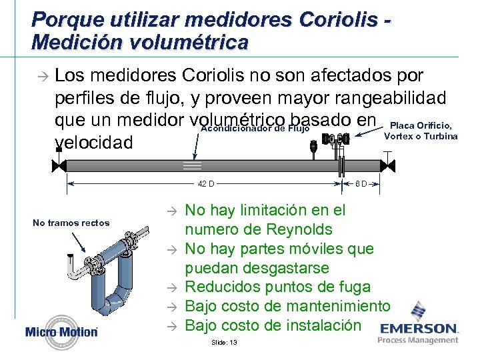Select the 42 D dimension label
[205, 183]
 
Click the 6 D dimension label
[360, 183]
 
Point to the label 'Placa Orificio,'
[421, 125]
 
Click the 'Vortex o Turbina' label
[421, 136]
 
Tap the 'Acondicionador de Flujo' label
[255, 129]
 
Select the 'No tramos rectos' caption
[71, 223]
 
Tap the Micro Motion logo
[61, 331]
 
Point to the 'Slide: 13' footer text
[223, 342]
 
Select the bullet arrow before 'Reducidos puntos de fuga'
[170, 288]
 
